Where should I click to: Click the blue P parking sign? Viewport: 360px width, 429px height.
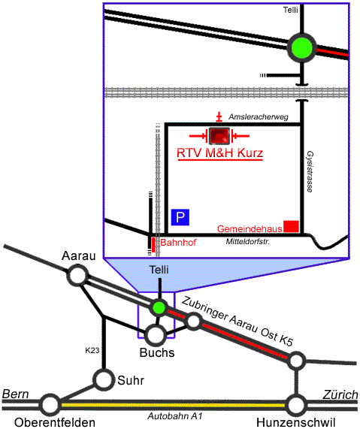pyautogui.click(x=180, y=217)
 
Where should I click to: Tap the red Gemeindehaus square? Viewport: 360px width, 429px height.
pyautogui.click(x=291, y=226)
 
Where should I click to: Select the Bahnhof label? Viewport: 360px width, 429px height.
pyautogui.click(x=178, y=243)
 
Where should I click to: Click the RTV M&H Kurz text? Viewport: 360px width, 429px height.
pyautogui.click(x=219, y=153)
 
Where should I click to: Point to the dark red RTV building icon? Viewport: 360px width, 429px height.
pyautogui.click(x=219, y=136)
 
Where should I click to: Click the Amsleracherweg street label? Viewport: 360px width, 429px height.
pyautogui.click(x=259, y=117)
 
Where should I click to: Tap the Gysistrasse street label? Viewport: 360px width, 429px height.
pyautogui.click(x=310, y=171)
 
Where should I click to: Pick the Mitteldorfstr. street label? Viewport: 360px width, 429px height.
pyautogui.click(x=248, y=242)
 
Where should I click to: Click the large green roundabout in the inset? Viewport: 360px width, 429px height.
pyautogui.click(x=301, y=48)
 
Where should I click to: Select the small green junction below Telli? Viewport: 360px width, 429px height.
pyautogui.click(x=159, y=307)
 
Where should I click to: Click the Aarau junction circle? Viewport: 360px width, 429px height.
pyautogui.click(x=77, y=276)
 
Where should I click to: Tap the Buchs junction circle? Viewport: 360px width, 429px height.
pyautogui.click(x=156, y=335)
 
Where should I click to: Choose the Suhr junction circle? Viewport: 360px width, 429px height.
pyautogui.click(x=104, y=379)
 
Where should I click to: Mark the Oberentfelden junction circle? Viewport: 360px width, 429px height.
pyautogui.click(x=50, y=404)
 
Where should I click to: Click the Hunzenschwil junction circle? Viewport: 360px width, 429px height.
pyautogui.click(x=295, y=405)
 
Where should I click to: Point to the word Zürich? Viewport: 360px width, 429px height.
pyautogui.click(x=340, y=394)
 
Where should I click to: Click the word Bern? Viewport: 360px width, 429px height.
pyautogui.click(x=15, y=394)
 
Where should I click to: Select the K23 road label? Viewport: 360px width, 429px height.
pyautogui.click(x=92, y=350)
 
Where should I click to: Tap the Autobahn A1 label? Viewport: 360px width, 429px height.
pyautogui.click(x=175, y=416)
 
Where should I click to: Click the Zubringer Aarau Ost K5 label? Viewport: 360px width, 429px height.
pyautogui.click(x=237, y=322)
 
